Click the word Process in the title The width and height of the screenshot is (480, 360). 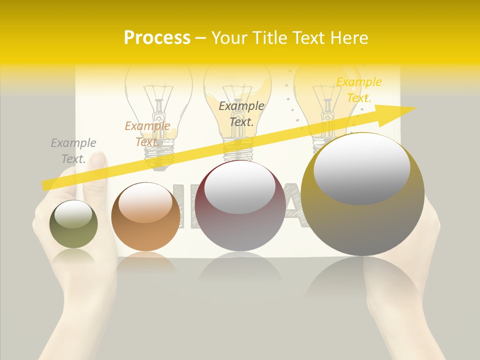[x=157, y=38]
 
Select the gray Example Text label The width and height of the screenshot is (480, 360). [x=73, y=151]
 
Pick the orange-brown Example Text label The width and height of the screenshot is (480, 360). [x=147, y=134]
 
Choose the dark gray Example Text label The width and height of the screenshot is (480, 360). [x=241, y=113]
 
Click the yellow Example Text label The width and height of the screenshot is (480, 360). [x=358, y=90]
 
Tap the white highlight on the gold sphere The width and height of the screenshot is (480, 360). [x=361, y=168]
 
